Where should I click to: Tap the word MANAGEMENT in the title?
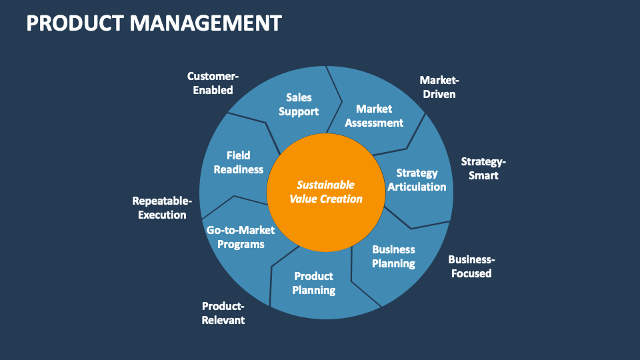click(205, 23)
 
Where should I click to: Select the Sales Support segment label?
click(299, 105)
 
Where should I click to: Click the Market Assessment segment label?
click(374, 115)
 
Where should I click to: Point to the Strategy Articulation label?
click(417, 180)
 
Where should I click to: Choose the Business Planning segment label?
click(393, 256)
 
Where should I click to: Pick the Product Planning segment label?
click(313, 283)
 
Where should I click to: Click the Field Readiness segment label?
click(238, 162)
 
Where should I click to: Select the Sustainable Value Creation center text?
click(326, 191)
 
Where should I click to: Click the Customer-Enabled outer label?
click(213, 83)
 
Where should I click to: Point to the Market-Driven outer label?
click(439, 87)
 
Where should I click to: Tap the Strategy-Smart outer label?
click(483, 169)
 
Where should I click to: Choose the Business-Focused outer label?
click(471, 266)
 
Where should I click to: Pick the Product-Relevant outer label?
click(223, 313)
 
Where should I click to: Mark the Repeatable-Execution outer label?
click(162, 207)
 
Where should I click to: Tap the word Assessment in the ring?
click(374, 123)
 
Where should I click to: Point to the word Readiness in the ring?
click(238, 169)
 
